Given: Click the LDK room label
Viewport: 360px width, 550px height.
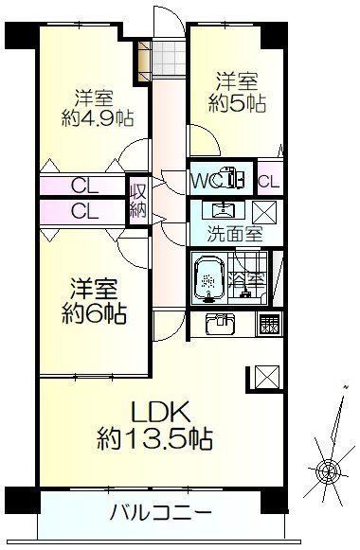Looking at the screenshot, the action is [161, 412].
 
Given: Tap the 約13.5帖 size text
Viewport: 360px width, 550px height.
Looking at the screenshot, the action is [154, 439].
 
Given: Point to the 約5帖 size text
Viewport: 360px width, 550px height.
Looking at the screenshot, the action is [237, 103].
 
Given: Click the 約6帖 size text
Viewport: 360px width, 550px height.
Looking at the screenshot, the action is [94, 313].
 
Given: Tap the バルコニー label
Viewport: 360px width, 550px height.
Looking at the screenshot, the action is [161, 514].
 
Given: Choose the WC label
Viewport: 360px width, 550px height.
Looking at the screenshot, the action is [207, 182].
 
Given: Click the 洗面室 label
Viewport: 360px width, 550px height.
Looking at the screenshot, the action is [235, 235].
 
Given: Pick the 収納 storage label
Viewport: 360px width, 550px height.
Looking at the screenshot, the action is [138, 201].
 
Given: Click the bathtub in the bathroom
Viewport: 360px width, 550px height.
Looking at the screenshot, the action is [209, 279].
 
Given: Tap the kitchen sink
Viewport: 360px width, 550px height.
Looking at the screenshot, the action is [221, 324].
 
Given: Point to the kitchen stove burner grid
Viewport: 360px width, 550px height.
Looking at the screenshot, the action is [269, 324].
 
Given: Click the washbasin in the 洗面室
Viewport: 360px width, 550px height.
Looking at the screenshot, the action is [224, 210].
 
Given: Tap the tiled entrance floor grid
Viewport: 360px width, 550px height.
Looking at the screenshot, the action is [170, 59].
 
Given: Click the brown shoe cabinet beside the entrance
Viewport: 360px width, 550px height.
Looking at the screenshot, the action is [144, 62].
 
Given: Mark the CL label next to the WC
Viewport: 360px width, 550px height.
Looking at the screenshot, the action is [269, 182].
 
